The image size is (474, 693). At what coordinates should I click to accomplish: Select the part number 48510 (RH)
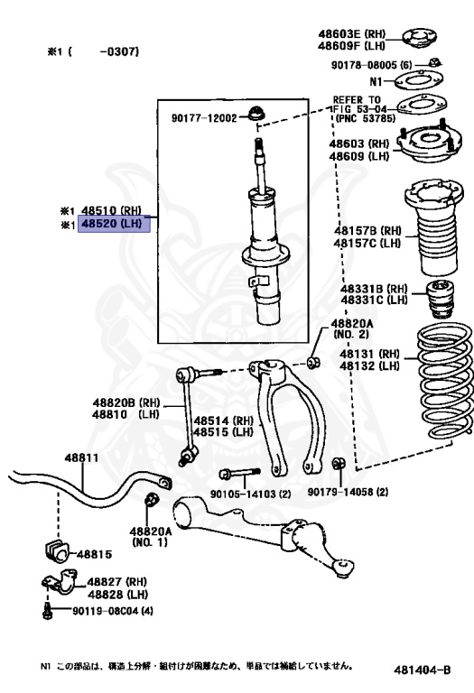(x=112, y=211)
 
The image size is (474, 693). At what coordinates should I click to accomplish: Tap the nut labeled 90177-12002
(x=256, y=113)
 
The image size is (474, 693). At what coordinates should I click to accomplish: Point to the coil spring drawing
(x=445, y=381)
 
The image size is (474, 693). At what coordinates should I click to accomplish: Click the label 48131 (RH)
(x=369, y=354)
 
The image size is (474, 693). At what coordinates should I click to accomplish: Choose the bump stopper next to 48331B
(x=440, y=299)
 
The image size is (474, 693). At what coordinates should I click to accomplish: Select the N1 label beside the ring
(x=376, y=82)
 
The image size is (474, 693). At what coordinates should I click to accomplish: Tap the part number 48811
(x=82, y=457)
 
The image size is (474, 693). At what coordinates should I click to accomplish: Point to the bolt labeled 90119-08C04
(x=47, y=612)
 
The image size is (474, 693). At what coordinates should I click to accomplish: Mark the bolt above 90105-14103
(x=239, y=474)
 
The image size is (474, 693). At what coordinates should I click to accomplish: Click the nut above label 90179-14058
(x=339, y=464)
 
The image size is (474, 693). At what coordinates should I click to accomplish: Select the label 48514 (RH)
(x=224, y=420)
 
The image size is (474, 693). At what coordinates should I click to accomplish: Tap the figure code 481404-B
(x=422, y=670)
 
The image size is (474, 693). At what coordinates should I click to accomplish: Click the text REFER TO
(x=357, y=100)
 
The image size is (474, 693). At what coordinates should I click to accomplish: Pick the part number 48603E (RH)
(x=351, y=34)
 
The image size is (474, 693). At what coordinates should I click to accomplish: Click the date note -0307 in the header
(x=119, y=51)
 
